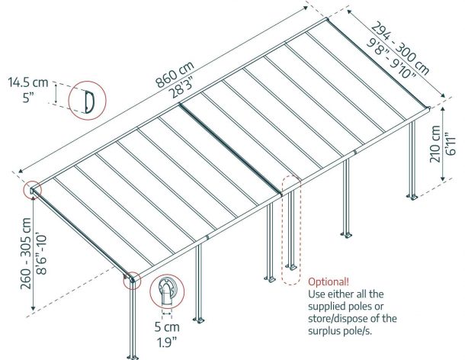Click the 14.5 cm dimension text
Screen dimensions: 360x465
point(27,82)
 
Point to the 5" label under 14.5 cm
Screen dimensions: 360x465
point(27,97)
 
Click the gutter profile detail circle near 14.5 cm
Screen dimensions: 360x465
point(87,100)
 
